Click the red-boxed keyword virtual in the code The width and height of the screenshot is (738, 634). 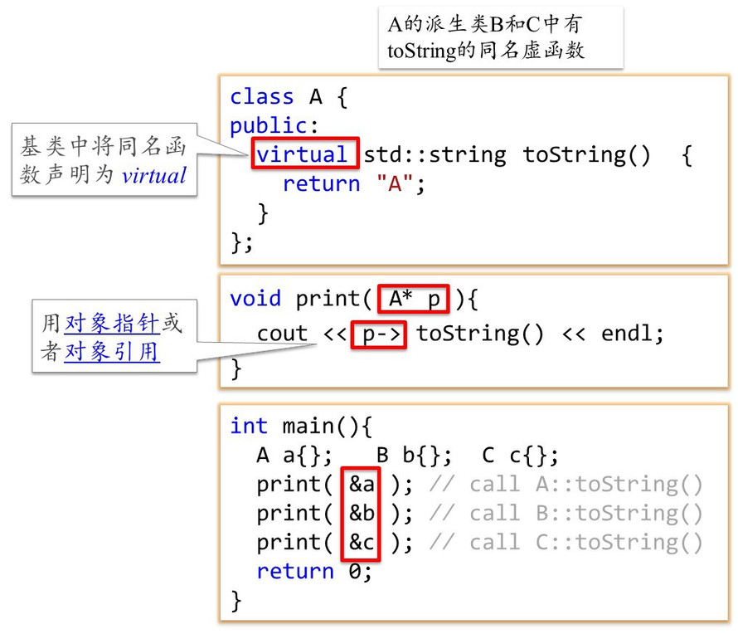pos(303,154)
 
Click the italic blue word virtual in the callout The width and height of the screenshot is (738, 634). pos(154,175)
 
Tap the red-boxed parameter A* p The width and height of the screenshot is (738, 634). pos(414,299)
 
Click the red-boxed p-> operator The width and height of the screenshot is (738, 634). pos(378,334)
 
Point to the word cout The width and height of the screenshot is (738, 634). pos(282,334)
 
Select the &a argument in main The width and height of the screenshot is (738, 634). pos(362,484)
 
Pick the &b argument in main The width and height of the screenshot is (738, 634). pos(362,513)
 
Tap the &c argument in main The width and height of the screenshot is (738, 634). pos(362,542)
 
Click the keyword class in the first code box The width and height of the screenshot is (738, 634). pos(261,96)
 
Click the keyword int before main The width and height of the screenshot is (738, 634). pos(249,426)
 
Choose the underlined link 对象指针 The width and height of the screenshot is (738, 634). pos(112,324)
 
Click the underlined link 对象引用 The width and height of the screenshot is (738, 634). pos(112,352)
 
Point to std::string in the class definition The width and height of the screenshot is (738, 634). pos(435,154)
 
